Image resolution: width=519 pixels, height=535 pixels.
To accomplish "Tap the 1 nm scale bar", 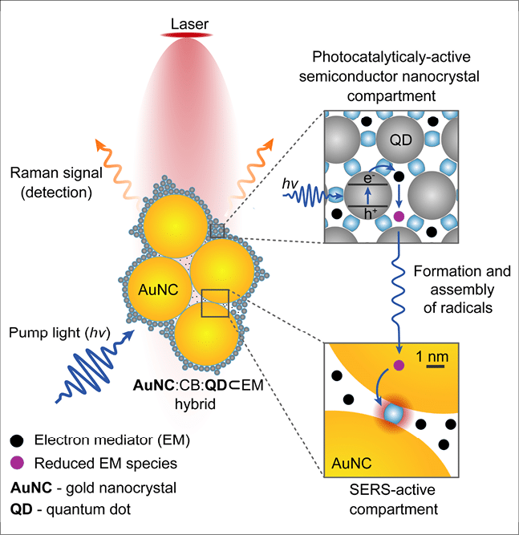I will point(435,367).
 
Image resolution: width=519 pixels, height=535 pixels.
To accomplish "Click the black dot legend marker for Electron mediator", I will point(17,440).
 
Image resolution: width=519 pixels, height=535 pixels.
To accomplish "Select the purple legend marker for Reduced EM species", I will point(17,463).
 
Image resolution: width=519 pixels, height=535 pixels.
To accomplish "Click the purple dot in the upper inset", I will point(399,218).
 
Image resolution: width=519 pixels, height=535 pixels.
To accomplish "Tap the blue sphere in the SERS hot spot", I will point(393,414).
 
